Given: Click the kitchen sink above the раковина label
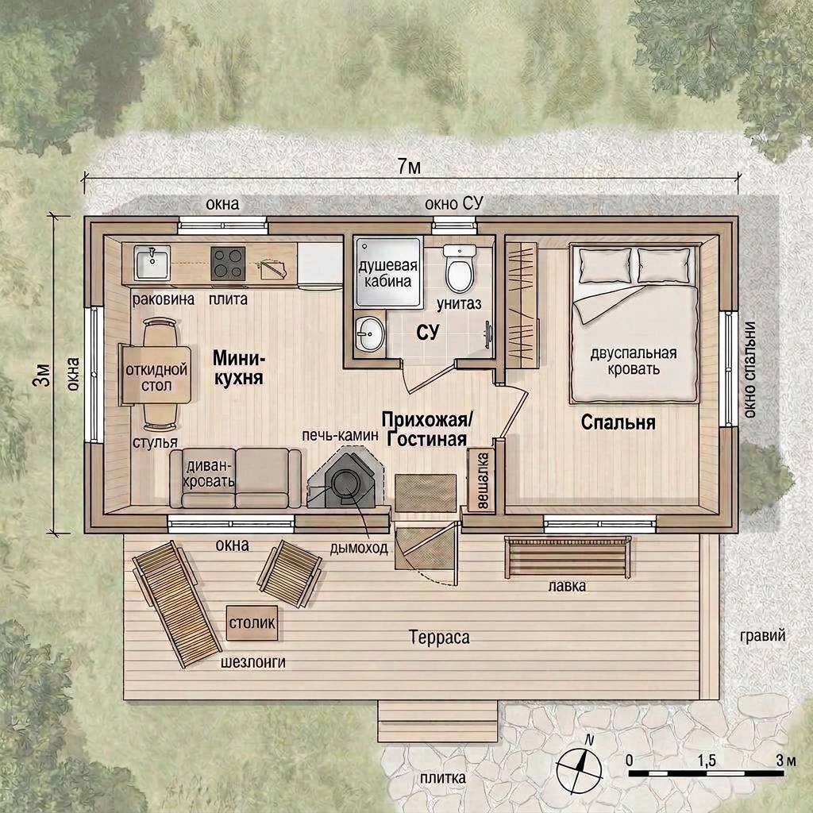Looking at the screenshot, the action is pyautogui.click(x=152, y=263).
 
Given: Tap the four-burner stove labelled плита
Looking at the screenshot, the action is pyautogui.click(x=228, y=264).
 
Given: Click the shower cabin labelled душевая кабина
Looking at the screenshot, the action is pyautogui.click(x=387, y=273).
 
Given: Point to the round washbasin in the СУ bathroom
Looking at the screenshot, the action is pyautogui.click(x=370, y=334).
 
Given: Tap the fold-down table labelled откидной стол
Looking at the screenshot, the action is pyautogui.click(x=156, y=376).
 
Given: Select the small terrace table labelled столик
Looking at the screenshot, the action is pyautogui.click(x=252, y=622).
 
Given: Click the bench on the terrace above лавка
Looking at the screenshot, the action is pyautogui.click(x=568, y=557).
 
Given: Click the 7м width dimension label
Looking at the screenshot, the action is pyautogui.click(x=409, y=167).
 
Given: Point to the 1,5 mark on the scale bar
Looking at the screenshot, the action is pyautogui.click(x=706, y=761).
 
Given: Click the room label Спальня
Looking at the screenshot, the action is pyautogui.click(x=618, y=422).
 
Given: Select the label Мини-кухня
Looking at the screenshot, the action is pyautogui.click(x=239, y=368).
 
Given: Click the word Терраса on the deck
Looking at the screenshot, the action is pyautogui.click(x=439, y=637).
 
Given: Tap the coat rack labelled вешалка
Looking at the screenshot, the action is pyautogui.click(x=481, y=480).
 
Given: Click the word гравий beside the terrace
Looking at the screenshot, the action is pyautogui.click(x=763, y=636).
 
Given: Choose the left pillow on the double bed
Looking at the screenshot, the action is pyautogui.click(x=604, y=265).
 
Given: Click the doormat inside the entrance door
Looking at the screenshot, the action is pyautogui.click(x=426, y=493).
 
